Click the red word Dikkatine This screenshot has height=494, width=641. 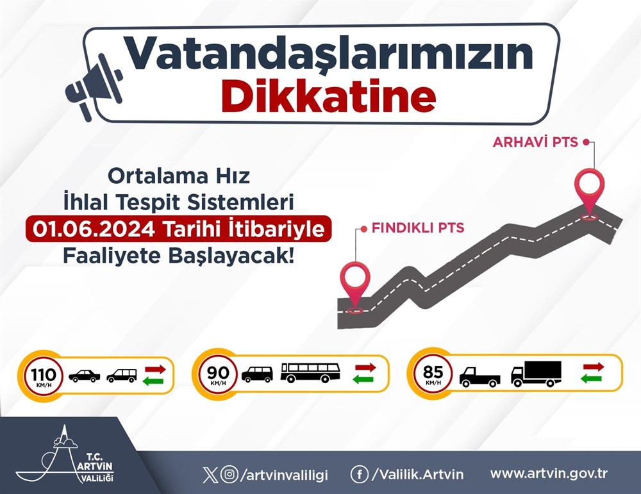tap(329, 97)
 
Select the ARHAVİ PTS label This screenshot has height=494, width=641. tap(535, 142)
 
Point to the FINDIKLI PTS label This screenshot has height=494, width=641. tap(418, 227)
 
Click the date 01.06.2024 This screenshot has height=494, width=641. tap(94, 229)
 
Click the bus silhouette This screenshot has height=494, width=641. tap(310, 372)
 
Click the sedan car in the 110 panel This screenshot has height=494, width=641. tap(84, 376)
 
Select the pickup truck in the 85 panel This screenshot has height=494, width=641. tap(479, 377)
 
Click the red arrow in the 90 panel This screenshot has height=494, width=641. tap(365, 367)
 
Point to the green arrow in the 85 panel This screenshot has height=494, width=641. tap(591, 379)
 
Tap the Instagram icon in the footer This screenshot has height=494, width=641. tap(229, 474)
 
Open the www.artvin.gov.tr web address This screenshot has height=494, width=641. tap(549, 473)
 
